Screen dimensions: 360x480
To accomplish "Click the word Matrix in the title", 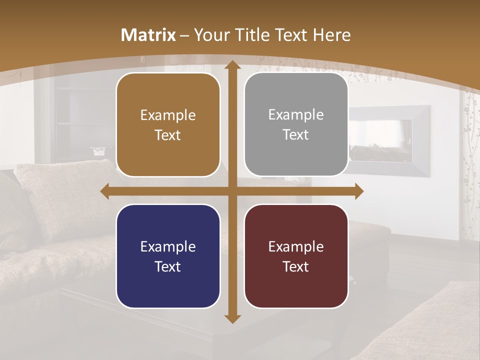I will [x=148, y=35].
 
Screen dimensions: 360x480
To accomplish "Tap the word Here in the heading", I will [x=331, y=35].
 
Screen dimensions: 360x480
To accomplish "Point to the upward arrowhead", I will [x=232, y=66].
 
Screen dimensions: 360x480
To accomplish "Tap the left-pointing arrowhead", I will [x=105, y=191].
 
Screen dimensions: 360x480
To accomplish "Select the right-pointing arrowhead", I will [x=358, y=191].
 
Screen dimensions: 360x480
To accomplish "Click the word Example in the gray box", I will [x=296, y=115].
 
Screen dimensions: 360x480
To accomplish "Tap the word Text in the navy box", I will [x=168, y=266].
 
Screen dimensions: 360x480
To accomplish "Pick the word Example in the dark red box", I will [x=296, y=246].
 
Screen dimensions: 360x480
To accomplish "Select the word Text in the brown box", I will [x=168, y=135].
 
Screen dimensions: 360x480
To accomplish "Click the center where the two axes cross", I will [x=232, y=191].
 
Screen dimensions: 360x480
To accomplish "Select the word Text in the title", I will [x=290, y=35].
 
